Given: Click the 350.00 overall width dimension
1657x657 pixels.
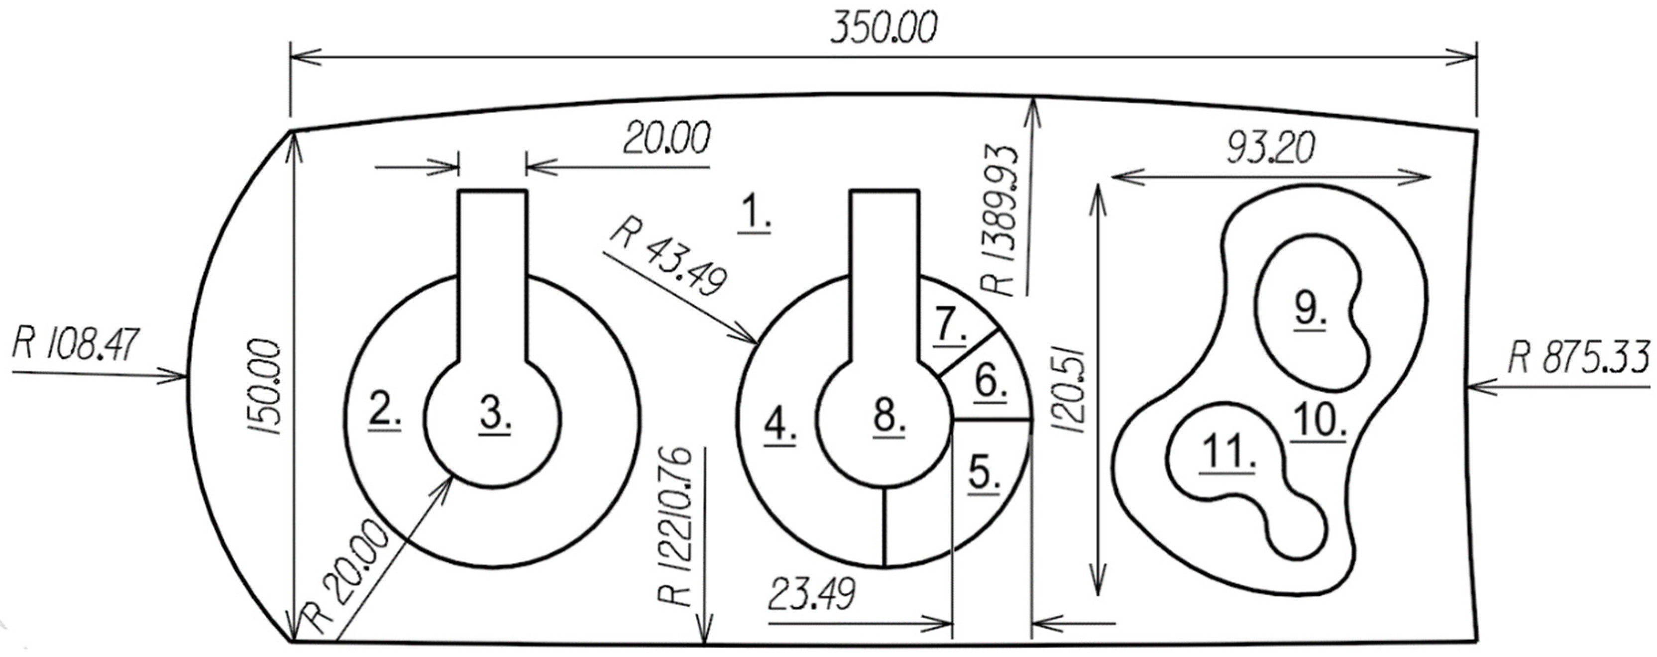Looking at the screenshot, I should (883, 29).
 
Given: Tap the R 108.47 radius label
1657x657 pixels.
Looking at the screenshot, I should (76, 344).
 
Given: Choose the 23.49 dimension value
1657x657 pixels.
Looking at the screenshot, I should (812, 593).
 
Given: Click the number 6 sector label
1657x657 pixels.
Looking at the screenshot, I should (990, 381).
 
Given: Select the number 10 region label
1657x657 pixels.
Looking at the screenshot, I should (1318, 421).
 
